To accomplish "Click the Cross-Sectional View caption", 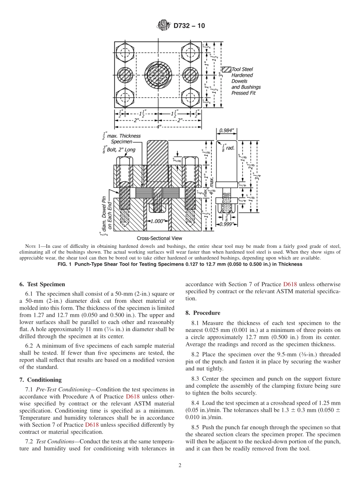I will click(x=159, y=238).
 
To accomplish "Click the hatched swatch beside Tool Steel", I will click(x=226, y=69).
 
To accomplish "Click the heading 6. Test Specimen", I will click(x=42, y=284).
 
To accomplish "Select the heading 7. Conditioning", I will click(x=40, y=380).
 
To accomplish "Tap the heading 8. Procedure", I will click(x=203, y=313).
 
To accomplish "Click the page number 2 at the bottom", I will click(x=180, y=466).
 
